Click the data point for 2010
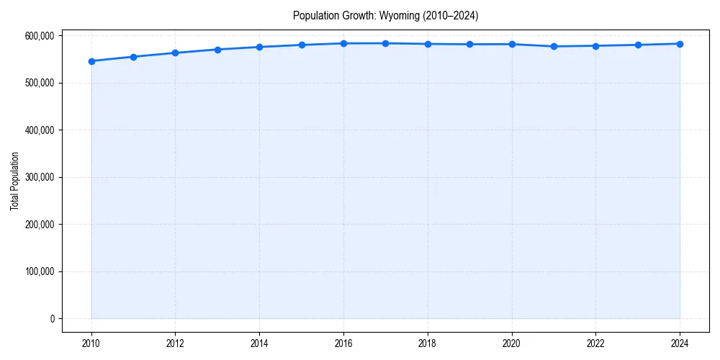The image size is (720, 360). [x=91, y=61]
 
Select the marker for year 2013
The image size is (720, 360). [x=217, y=50]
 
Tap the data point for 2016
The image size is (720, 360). [x=343, y=43]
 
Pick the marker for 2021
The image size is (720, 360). [x=554, y=46]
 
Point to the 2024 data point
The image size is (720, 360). [x=680, y=44]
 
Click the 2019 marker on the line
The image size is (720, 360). [x=469, y=44]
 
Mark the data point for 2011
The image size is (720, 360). [x=133, y=57]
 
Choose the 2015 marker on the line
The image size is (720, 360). [x=302, y=45]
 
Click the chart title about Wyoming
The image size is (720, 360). [x=385, y=15]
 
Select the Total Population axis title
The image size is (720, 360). [x=14, y=181]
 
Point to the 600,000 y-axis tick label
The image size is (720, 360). [x=38, y=36]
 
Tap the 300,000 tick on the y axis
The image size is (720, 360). [x=38, y=177]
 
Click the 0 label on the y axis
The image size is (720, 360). [x=52, y=319]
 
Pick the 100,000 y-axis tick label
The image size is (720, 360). [x=38, y=271]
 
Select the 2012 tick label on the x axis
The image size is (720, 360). [x=176, y=343]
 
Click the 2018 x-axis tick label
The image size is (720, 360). [x=428, y=343]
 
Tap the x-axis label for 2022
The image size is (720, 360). [x=595, y=343]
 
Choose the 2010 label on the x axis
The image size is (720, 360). [x=91, y=343]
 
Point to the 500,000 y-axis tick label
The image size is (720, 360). [x=38, y=83]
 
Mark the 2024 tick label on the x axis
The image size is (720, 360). [x=680, y=343]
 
